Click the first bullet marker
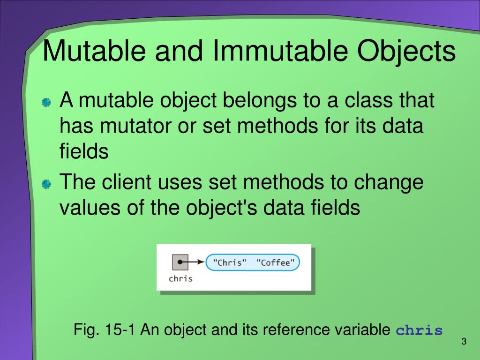pos(46,103)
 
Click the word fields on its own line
pos(84,151)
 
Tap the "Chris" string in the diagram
pos(229,262)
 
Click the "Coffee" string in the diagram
pos(276,262)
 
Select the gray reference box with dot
pos(180,262)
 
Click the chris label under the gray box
pos(180,278)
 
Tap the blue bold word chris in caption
pos(419,331)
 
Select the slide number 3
pos(464,341)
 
